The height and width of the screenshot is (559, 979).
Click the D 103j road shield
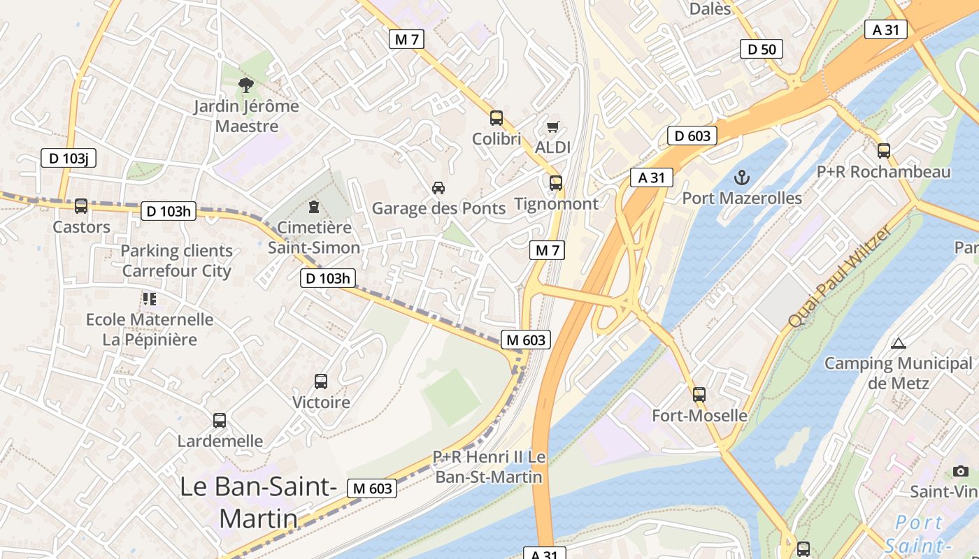click(x=68, y=158)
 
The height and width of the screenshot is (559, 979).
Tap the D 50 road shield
click(x=762, y=49)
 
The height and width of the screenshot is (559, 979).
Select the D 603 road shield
click(x=692, y=136)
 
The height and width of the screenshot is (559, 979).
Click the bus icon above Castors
click(x=81, y=206)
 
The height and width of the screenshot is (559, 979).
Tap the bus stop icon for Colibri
click(x=496, y=118)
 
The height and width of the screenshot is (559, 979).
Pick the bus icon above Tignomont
click(x=556, y=183)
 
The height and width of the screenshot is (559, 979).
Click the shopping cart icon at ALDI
click(x=552, y=126)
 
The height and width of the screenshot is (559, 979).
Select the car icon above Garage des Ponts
click(x=438, y=187)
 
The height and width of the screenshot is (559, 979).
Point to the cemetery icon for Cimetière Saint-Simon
click(x=314, y=207)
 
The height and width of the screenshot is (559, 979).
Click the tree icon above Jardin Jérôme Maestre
click(x=245, y=85)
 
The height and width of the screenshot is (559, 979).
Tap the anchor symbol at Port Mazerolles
click(x=742, y=177)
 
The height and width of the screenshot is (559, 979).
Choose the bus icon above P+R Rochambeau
click(x=884, y=150)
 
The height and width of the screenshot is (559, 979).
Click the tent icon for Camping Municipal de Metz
click(x=899, y=342)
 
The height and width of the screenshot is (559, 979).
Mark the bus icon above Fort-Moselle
click(x=699, y=395)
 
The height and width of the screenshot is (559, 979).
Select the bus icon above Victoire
click(x=321, y=382)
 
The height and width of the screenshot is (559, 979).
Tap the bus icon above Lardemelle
click(x=220, y=421)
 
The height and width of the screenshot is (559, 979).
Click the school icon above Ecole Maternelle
click(x=149, y=299)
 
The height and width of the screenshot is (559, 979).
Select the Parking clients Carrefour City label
click(x=177, y=261)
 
